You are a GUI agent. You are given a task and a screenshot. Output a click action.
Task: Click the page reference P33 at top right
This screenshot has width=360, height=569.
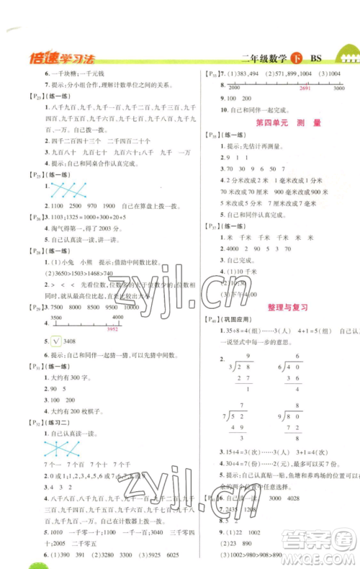pyautogui.click(x=215, y=75)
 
